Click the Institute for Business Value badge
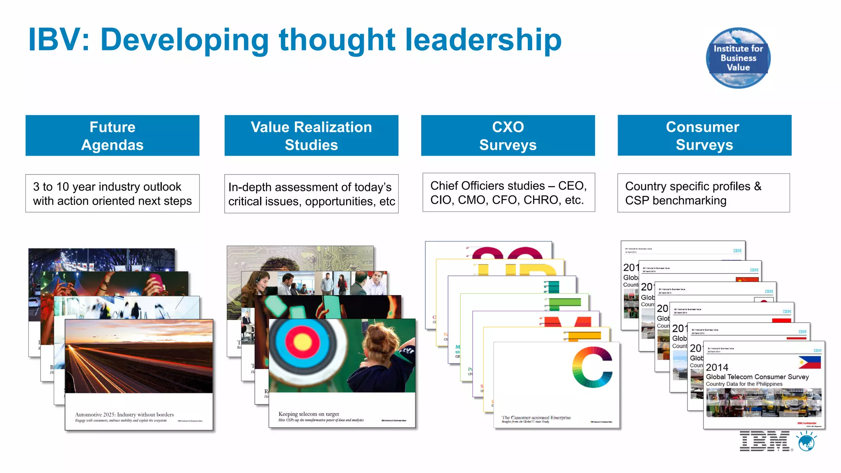pyautogui.click(x=738, y=58)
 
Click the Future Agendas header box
pyautogui.click(x=113, y=135)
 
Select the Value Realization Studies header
pyautogui.click(x=311, y=135)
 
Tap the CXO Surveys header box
pyautogui.click(x=508, y=135)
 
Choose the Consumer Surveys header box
pyautogui.click(x=704, y=135)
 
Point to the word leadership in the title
pyautogui.click(x=483, y=40)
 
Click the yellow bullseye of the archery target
pyautogui.click(x=303, y=342)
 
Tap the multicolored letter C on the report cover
pyautogui.click(x=592, y=367)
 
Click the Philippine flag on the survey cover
pyautogui.click(x=809, y=362)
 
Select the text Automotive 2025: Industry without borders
pyautogui.click(x=124, y=415)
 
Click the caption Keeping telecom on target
pyautogui.click(x=309, y=414)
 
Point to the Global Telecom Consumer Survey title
pyautogui.click(x=757, y=377)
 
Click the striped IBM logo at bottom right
pyautogui.click(x=764, y=441)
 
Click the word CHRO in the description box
pyautogui.click(x=541, y=200)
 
